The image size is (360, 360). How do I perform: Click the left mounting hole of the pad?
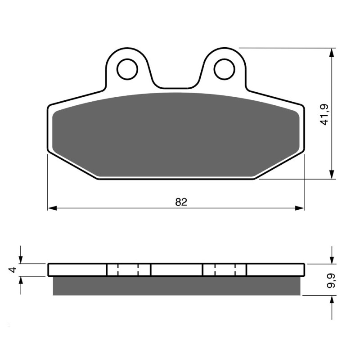127,69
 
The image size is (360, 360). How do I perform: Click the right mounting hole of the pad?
224,69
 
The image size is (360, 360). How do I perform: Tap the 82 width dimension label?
181,202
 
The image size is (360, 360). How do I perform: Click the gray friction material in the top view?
175,135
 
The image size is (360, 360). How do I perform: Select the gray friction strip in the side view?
175,286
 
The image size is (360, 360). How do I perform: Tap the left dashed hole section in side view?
128,270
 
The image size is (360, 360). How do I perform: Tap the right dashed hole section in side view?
225,270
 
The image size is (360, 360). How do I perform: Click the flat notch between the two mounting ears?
175,88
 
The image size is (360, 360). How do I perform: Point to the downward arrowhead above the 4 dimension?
20,259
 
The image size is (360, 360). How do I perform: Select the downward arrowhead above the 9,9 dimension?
332,259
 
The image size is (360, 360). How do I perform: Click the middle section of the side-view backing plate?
176,270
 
